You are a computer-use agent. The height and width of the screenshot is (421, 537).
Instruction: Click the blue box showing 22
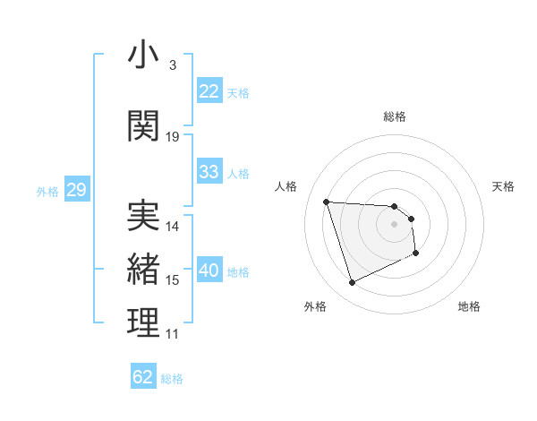click(209, 91)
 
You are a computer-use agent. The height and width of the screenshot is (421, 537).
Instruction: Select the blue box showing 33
click(209, 172)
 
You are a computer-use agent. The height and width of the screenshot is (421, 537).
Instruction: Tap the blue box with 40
click(209, 271)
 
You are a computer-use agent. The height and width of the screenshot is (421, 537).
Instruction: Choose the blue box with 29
click(75, 190)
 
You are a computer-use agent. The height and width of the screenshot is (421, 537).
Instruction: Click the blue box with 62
click(143, 377)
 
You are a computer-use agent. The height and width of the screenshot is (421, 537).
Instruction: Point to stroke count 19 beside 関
click(173, 137)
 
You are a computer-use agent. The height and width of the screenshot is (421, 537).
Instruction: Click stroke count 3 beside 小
click(173, 65)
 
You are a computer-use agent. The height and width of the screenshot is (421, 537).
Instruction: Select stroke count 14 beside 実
click(173, 227)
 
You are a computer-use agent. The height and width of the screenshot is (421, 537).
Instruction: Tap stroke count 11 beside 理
click(173, 334)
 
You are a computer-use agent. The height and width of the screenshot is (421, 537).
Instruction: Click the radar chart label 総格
click(395, 116)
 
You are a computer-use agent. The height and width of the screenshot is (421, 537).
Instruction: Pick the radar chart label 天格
click(504, 186)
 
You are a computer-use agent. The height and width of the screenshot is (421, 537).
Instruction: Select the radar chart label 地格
click(469, 307)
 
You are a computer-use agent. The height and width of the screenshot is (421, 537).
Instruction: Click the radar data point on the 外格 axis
click(352, 283)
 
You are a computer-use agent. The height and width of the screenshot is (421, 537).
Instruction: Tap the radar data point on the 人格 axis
click(327, 202)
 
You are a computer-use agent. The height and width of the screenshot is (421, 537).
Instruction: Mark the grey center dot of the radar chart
click(395, 224)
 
